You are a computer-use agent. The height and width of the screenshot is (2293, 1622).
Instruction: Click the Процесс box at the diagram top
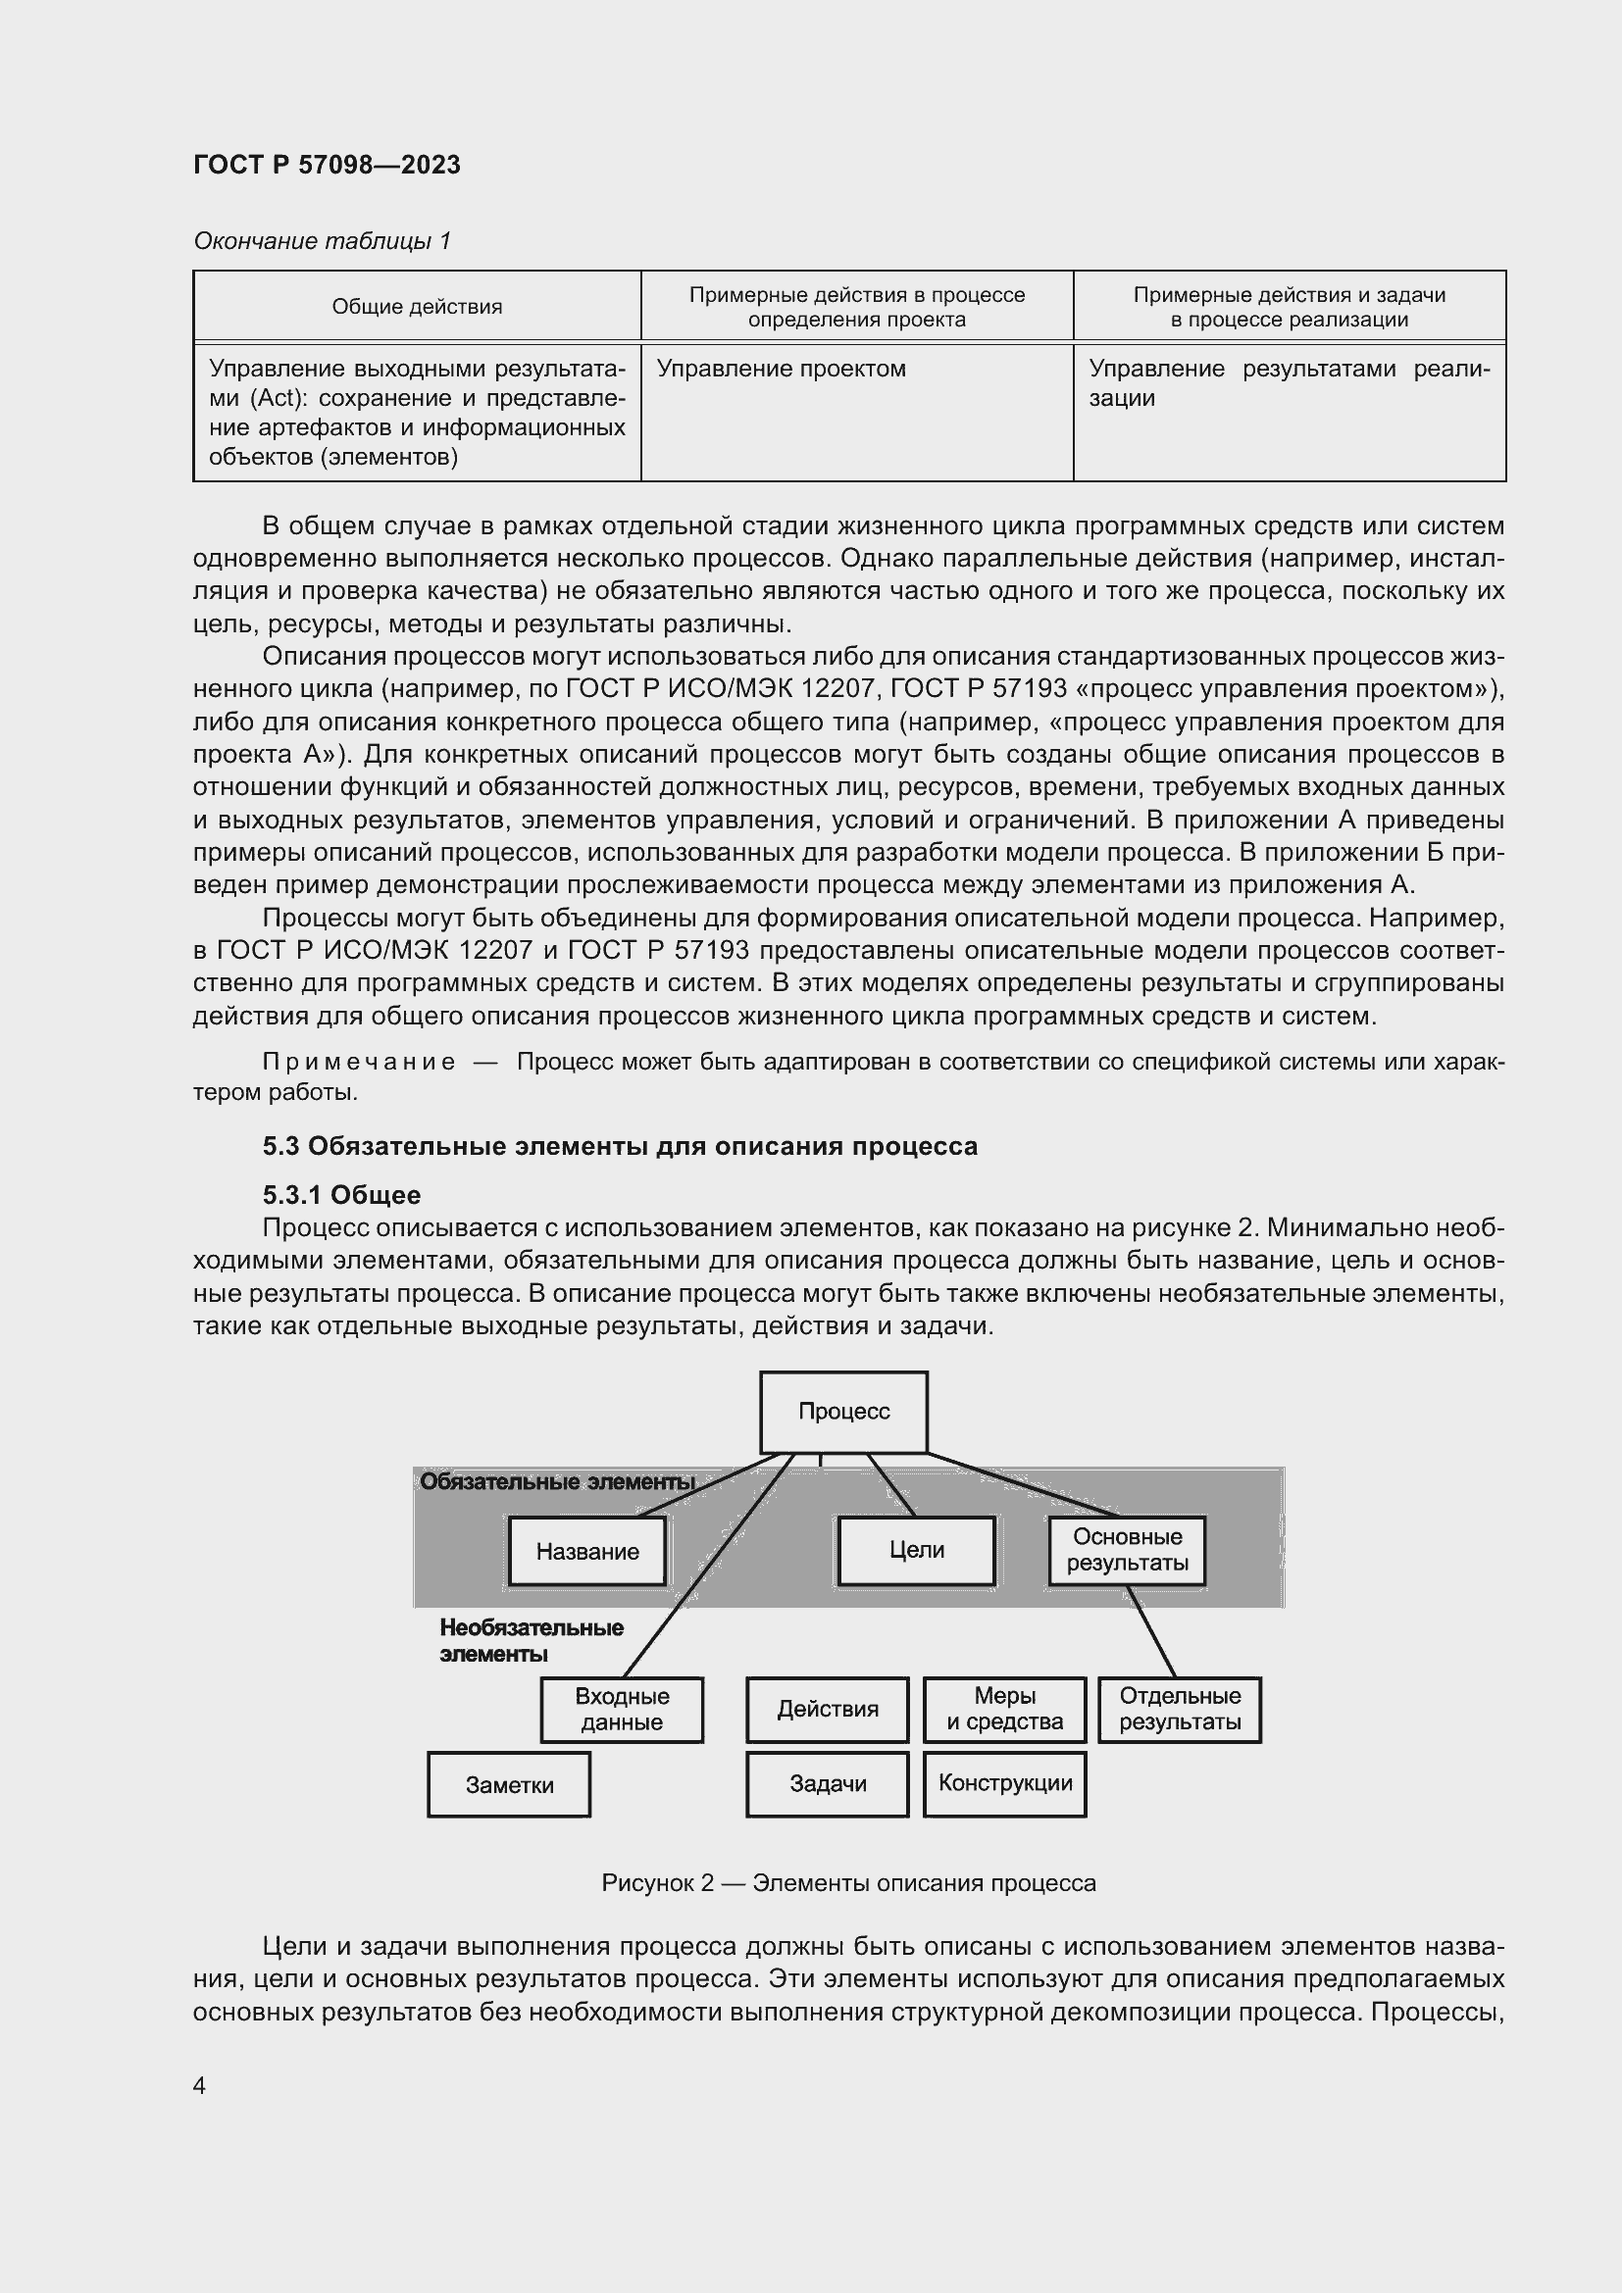[x=843, y=1411]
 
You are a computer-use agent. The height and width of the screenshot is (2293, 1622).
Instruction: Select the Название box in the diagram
[x=587, y=1551]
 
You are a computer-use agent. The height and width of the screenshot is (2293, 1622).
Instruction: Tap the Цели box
[x=916, y=1550]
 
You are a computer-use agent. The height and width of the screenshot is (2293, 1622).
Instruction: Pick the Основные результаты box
[x=1127, y=1550]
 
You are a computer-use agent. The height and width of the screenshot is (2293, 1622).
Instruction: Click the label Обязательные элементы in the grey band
[x=556, y=1482]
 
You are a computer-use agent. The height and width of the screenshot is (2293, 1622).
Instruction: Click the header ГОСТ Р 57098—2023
[x=327, y=165]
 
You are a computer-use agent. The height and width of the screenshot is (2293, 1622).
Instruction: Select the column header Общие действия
[x=417, y=307]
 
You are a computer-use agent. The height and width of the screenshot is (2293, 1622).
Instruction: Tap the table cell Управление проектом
[x=781, y=369]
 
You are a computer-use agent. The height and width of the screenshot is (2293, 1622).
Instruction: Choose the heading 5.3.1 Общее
[x=341, y=1195]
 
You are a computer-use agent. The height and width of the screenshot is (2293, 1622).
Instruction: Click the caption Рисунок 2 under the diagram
[x=848, y=1883]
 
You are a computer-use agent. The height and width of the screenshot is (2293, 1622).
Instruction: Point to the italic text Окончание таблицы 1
[x=322, y=241]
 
